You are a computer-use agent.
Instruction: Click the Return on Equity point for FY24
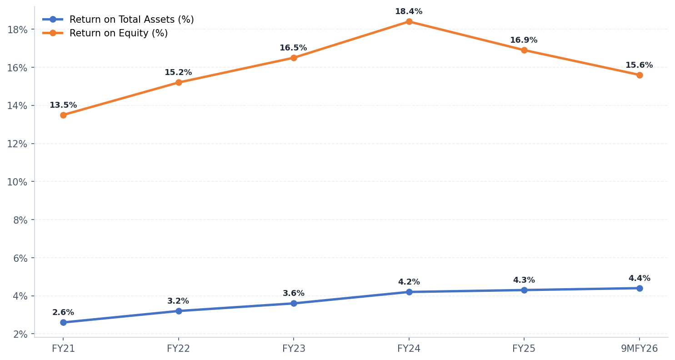409,21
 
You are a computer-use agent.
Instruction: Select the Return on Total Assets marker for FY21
63,322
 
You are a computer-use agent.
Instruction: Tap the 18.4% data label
409,12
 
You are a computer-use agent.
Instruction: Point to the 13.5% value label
63,105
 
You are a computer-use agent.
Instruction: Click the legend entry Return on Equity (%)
118,33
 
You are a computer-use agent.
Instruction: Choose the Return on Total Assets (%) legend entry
131,20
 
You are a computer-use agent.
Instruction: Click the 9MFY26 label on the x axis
639,349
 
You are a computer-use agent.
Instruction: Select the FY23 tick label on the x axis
294,349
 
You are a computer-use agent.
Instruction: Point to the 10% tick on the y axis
17,182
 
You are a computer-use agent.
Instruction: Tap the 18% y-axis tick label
17,30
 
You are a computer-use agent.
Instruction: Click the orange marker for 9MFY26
640,75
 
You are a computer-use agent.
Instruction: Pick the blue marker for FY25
524,290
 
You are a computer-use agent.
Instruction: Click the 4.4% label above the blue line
639,279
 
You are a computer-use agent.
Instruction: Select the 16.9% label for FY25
524,40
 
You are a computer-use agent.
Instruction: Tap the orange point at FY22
179,82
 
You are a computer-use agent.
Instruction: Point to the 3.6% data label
294,294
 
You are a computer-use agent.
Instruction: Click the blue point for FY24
409,292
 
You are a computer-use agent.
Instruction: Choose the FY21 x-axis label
63,349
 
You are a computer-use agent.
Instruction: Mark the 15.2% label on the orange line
178,73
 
